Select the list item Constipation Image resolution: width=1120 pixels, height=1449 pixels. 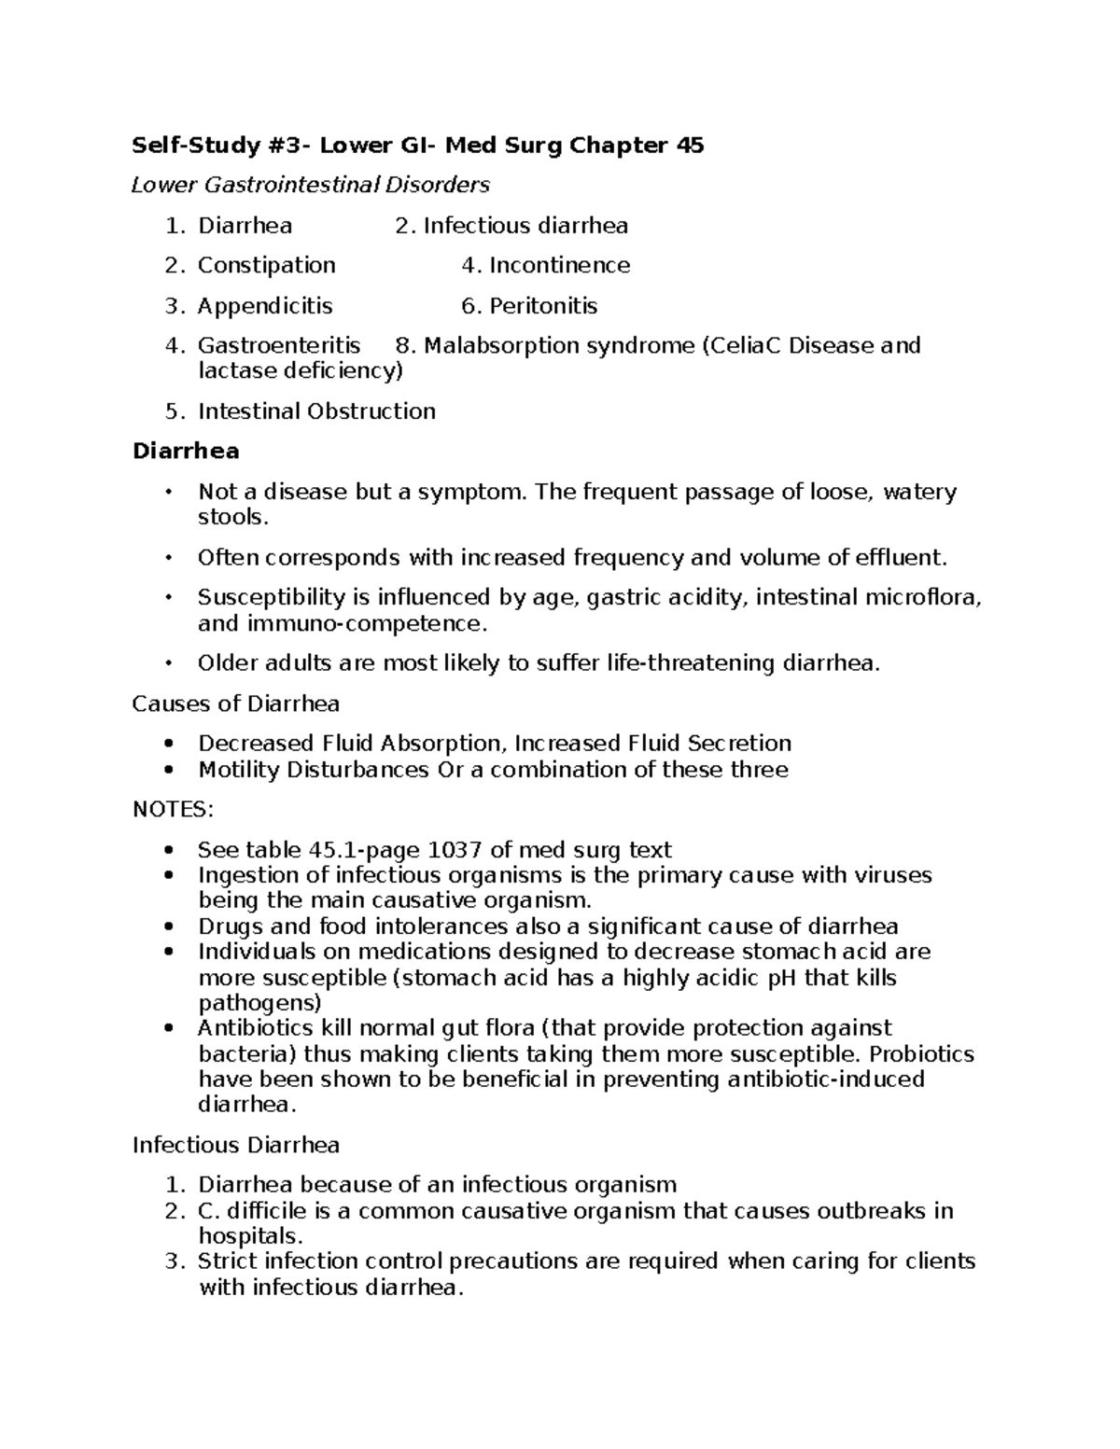click(266, 266)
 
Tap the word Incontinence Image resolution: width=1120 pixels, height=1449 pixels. click(559, 266)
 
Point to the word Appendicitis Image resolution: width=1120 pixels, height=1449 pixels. click(264, 306)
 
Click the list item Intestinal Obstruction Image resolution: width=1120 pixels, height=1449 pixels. click(316, 411)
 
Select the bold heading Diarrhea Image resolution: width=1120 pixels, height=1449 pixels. click(186, 452)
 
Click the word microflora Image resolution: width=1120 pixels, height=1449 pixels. click(923, 597)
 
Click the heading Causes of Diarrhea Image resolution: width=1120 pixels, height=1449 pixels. click(235, 704)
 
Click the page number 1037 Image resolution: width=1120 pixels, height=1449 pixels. click(455, 850)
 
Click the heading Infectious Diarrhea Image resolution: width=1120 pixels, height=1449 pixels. click(235, 1145)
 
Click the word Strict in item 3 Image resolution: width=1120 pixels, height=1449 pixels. click(228, 1261)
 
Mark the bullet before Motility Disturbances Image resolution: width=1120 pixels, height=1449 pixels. click(168, 770)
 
